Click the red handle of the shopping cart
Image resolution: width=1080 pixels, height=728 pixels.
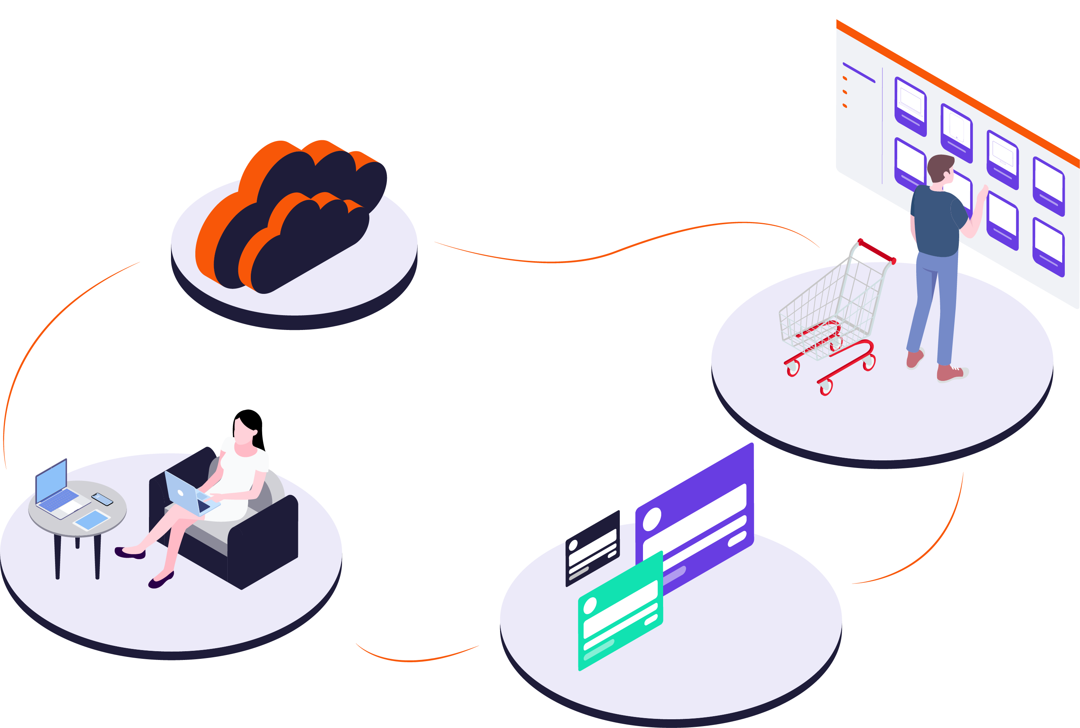pyautogui.click(x=876, y=251)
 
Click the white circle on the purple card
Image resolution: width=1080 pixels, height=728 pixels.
pyautogui.click(x=652, y=519)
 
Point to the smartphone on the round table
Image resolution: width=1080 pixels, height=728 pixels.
pyautogui.click(x=102, y=499)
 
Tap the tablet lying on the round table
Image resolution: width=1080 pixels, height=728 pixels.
pyautogui.click(x=92, y=519)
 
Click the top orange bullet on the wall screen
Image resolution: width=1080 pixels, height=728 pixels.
pyautogui.click(x=845, y=78)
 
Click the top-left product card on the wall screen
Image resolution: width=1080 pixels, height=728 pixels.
pyautogui.click(x=910, y=107)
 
